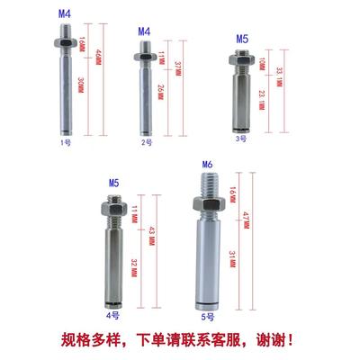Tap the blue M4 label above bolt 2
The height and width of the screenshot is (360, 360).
pos(144,31)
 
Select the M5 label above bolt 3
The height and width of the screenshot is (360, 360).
pos(240,40)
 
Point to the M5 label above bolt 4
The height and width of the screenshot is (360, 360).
pos(113,184)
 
